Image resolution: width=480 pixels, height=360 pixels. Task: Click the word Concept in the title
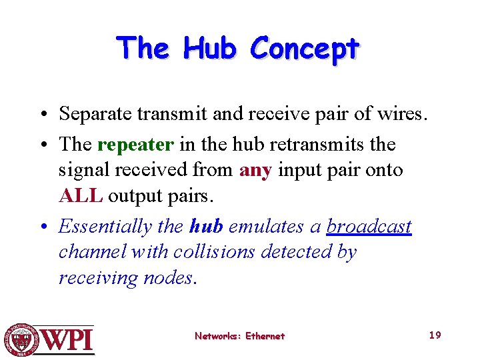click(x=305, y=48)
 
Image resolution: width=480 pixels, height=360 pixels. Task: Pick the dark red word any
click(x=255, y=170)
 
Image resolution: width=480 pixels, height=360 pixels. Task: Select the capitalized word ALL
click(x=81, y=196)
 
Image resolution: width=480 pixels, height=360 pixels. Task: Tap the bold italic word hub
click(x=206, y=227)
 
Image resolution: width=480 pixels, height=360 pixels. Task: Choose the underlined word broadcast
click(x=369, y=227)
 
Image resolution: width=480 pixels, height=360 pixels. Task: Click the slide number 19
click(x=435, y=335)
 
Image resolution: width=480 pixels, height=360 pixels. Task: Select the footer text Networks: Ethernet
click(x=239, y=336)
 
